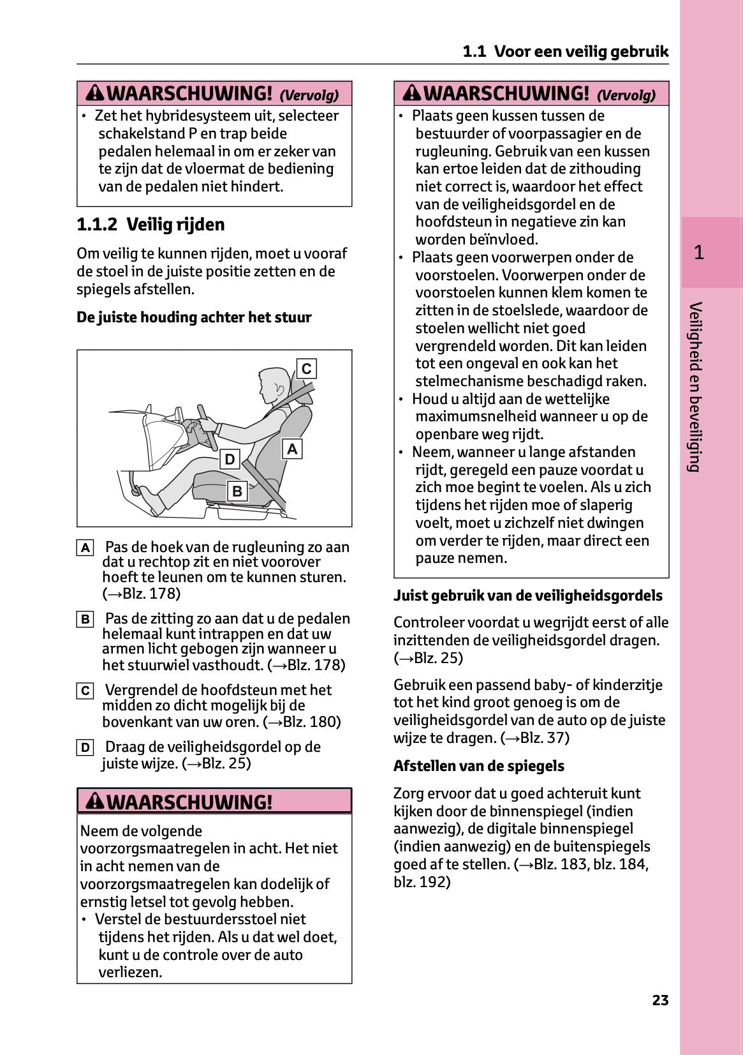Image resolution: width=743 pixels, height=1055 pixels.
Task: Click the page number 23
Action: (660, 1000)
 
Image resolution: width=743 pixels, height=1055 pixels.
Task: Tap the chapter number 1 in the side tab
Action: (699, 253)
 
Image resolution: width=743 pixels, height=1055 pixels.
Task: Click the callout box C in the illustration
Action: (307, 369)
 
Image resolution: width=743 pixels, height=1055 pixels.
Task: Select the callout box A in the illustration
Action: (291, 449)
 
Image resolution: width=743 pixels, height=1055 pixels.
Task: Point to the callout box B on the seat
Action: (237, 491)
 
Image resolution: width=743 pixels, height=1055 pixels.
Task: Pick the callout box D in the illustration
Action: (230, 460)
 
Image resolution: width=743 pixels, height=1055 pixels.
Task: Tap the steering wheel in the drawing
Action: (207, 426)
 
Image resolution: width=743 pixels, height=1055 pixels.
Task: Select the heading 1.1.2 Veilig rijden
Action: (151, 225)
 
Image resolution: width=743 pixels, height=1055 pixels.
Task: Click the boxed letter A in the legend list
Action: (85, 548)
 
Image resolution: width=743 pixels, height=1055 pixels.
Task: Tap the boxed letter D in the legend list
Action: (85, 747)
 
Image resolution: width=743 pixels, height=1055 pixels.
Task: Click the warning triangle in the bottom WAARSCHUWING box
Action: (95, 801)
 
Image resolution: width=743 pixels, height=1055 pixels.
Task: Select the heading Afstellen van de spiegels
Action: (478, 766)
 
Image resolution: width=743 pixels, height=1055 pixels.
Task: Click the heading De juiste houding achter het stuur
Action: (194, 317)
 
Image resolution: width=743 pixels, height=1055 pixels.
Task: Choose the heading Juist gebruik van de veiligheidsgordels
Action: (527, 595)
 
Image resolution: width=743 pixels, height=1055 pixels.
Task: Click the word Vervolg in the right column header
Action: (626, 95)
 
